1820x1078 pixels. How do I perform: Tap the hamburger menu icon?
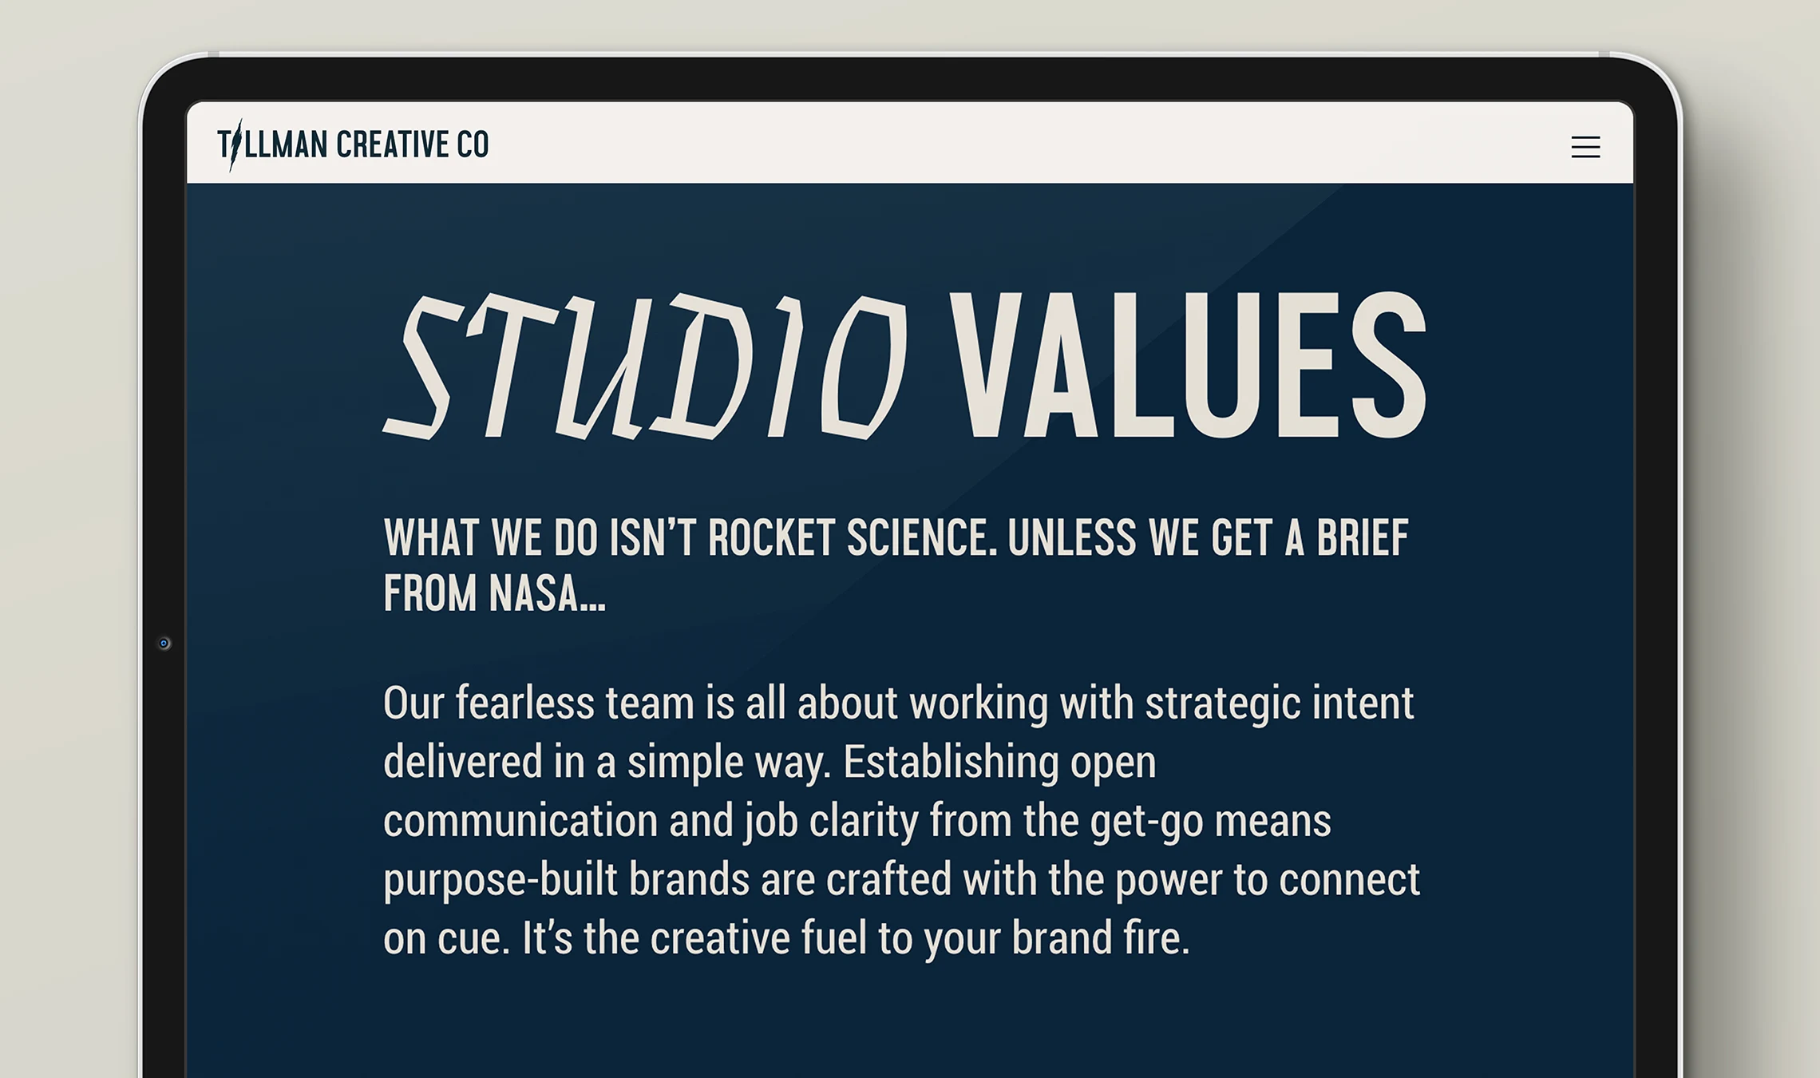1585,147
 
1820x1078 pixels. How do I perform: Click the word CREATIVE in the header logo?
393,145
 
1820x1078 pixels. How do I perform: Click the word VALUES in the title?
1187,365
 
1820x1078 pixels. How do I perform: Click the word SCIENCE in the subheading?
922,537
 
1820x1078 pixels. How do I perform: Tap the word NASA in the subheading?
547,593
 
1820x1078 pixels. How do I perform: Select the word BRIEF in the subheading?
1363,537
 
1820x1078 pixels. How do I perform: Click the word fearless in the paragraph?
525,703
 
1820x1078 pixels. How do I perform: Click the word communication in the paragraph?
520,821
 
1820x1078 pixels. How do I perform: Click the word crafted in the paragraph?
888,879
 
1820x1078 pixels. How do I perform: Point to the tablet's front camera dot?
164,644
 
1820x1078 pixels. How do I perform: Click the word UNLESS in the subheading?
1072,537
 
